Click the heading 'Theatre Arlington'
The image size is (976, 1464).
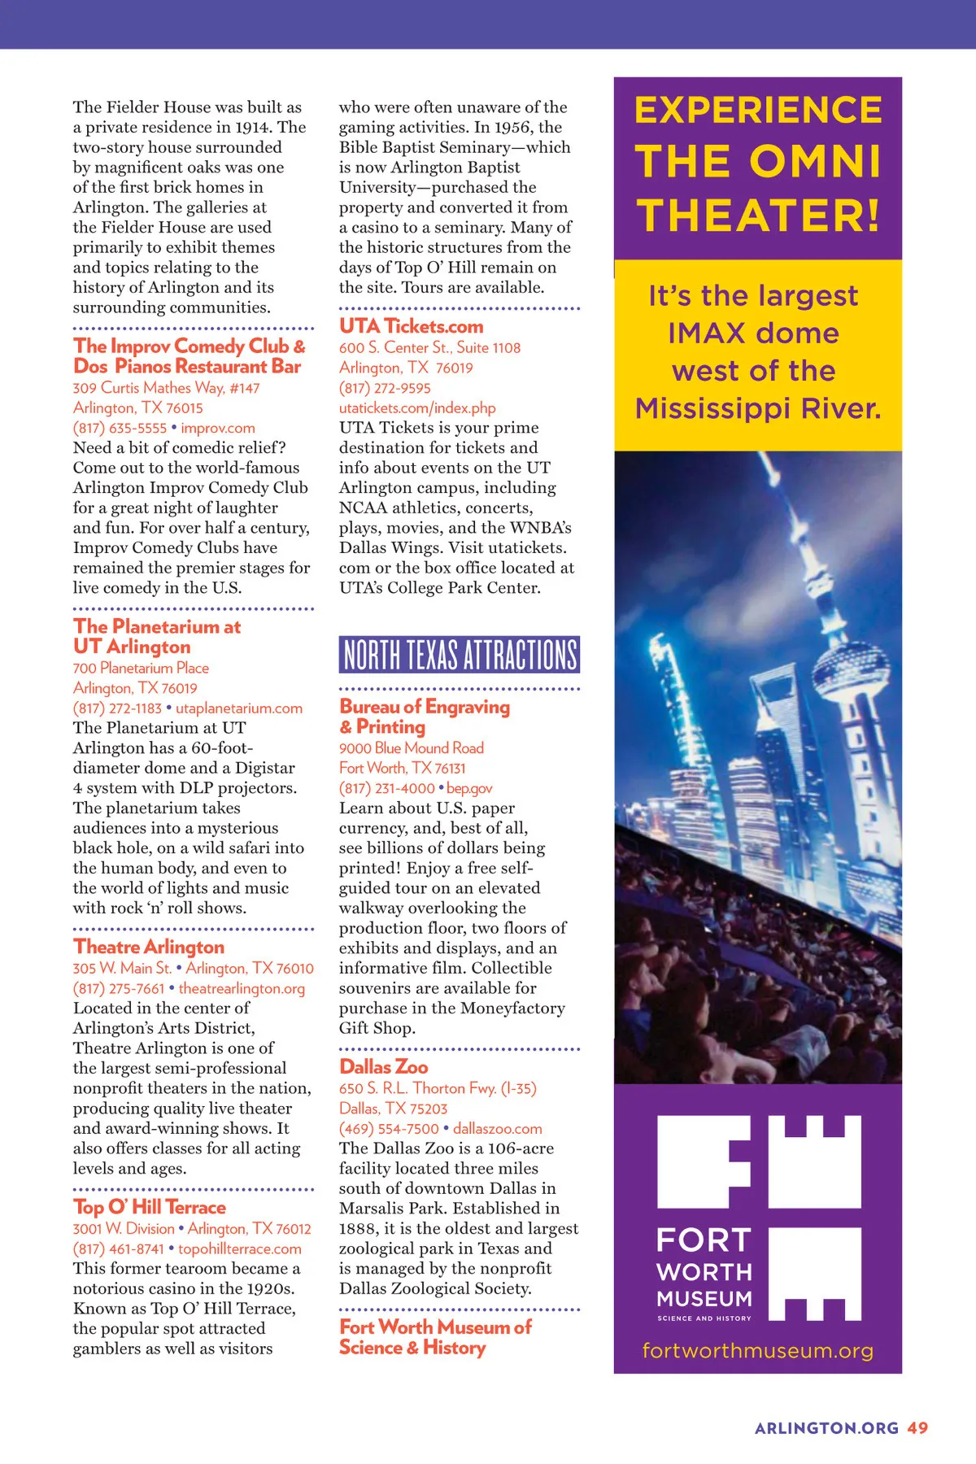pyautogui.click(x=149, y=947)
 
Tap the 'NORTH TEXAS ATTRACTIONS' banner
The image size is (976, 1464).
pyautogui.click(x=460, y=655)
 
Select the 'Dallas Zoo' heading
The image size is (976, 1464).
pyautogui.click(x=384, y=1066)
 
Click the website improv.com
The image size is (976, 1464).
pyautogui.click(x=218, y=428)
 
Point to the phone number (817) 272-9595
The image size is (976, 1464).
pyautogui.click(x=385, y=388)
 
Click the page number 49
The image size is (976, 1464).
pyautogui.click(x=918, y=1428)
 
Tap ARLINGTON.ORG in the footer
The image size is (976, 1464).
pyautogui.click(x=826, y=1428)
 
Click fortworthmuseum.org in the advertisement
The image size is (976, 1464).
pyautogui.click(x=757, y=1351)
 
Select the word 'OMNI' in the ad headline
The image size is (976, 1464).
pyautogui.click(x=815, y=161)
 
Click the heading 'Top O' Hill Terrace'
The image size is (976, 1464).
pyautogui.click(x=150, y=1207)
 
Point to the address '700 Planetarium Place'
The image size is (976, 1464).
pyautogui.click(x=141, y=668)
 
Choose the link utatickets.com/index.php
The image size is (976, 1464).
pyautogui.click(x=417, y=408)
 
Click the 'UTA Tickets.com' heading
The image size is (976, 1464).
pyautogui.click(x=412, y=326)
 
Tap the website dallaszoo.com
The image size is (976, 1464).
pyautogui.click(x=498, y=1128)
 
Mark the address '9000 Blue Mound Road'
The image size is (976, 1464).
pyautogui.click(x=412, y=747)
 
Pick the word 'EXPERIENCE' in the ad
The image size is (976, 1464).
pyautogui.click(x=758, y=111)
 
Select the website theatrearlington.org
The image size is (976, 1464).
pyautogui.click(x=242, y=988)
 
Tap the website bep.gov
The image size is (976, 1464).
pyautogui.click(x=469, y=788)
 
